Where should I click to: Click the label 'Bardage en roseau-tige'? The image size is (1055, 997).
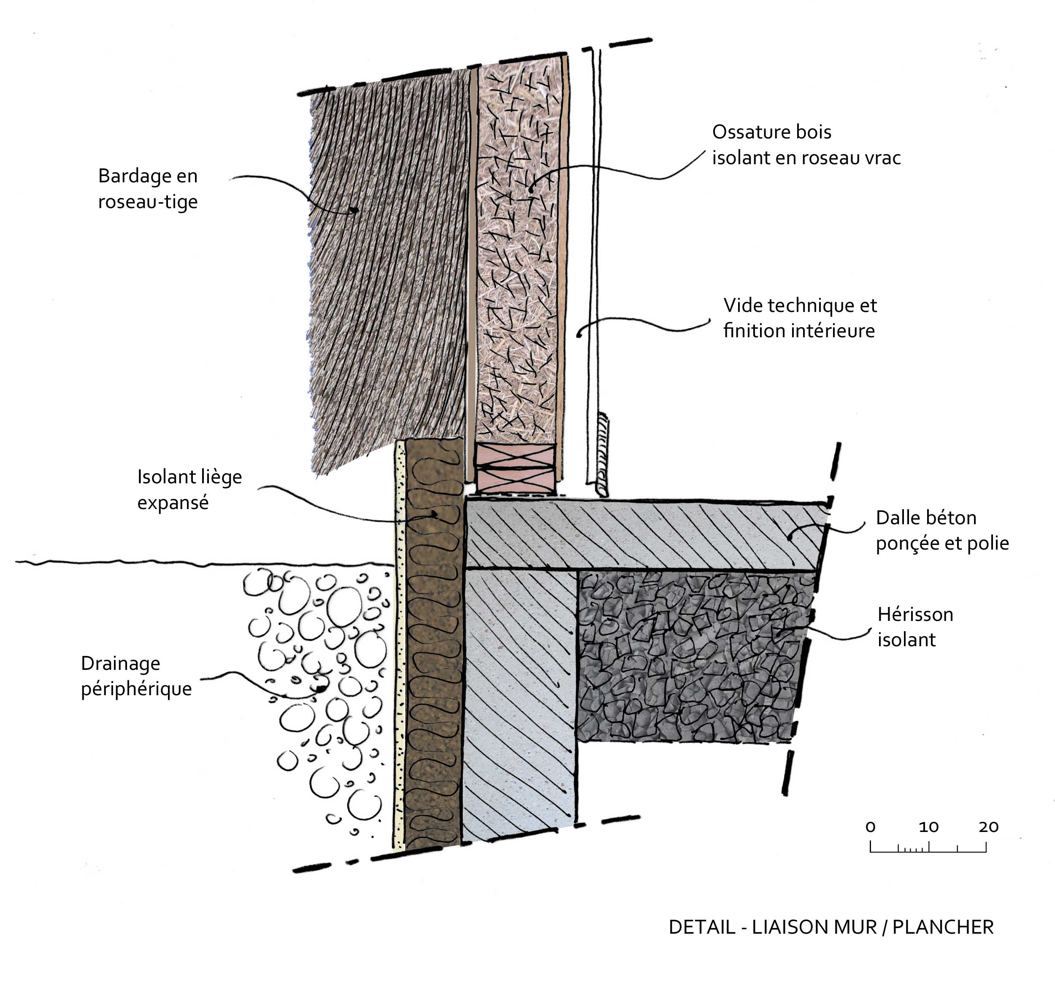(x=148, y=189)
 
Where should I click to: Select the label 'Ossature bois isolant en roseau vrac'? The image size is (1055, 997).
(x=806, y=144)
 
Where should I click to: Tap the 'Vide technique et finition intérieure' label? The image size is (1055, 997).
(x=800, y=318)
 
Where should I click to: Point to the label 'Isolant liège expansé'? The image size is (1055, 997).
(x=189, y=489)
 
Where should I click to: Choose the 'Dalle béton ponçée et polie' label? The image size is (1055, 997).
(x=942, y=530)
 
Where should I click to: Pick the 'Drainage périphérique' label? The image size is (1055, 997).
(x=136, y=675)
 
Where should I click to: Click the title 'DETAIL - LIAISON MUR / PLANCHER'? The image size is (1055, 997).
(x=831, y=927)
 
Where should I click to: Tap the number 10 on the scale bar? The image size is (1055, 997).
(x=928, y=827)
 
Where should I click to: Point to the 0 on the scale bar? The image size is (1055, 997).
(x=870, y=827)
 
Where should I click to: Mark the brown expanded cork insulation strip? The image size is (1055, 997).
(x=433, y=638)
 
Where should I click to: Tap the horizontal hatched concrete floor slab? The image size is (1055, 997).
(x=638, y=534)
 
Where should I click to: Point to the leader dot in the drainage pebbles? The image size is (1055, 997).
(x=321, y=689)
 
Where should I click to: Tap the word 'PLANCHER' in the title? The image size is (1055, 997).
(x=942, y=927)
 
